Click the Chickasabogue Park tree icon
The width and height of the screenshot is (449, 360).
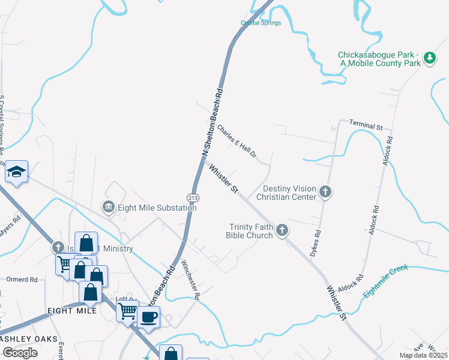coord(429,58)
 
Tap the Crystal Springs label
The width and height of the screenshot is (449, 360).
coord(261,23)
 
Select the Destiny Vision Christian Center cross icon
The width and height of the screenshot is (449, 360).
coord(325,192)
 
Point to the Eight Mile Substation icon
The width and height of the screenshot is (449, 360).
coord(109,207)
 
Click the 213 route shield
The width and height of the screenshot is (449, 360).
coord(193,197)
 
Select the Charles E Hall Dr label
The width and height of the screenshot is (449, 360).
coord(237,142)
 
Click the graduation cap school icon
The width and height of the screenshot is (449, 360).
coord(17,172)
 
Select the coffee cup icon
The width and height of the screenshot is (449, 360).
coord(149,316)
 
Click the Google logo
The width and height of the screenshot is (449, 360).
coord(19,352)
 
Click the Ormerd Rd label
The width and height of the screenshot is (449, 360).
coord(22,280)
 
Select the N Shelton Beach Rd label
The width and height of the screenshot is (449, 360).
coord(212,124)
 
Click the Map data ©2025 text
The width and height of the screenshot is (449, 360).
coord(423,355)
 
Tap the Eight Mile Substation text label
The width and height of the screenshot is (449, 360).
coord(157,208)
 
